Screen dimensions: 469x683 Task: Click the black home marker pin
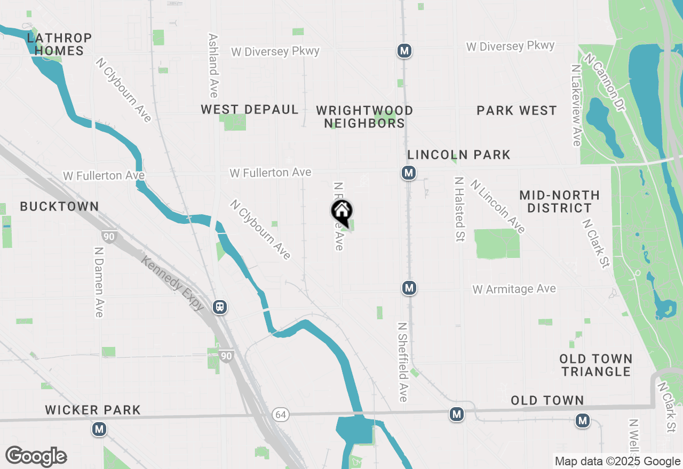[x=342, y=212]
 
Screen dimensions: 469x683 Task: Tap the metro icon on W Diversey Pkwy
[x=404, y=51]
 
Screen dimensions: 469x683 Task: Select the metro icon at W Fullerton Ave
[x=409, y=173]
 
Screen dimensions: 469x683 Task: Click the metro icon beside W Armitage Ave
[x=409, y=288]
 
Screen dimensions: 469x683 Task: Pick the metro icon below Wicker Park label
[x=99, y=429]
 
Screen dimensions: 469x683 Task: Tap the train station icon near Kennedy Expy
[x=219, y=307]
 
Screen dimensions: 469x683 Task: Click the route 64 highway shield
[x=281, y=414]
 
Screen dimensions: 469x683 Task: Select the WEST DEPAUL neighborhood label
[x=249, y=110]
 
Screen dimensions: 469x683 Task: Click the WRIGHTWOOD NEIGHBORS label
[x=364, y=117]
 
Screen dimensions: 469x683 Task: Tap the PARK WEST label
[x=517, y=111]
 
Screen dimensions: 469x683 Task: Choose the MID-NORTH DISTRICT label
[x=559, y=201]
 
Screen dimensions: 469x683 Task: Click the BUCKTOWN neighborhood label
[x=59, y=206]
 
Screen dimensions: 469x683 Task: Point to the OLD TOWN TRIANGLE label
[x=596, y=365]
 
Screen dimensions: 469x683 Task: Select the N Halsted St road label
[x=458, y=209]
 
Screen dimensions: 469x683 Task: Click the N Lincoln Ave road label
[x=498, y=206]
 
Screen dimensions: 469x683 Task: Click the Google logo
[x=36, y=457]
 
